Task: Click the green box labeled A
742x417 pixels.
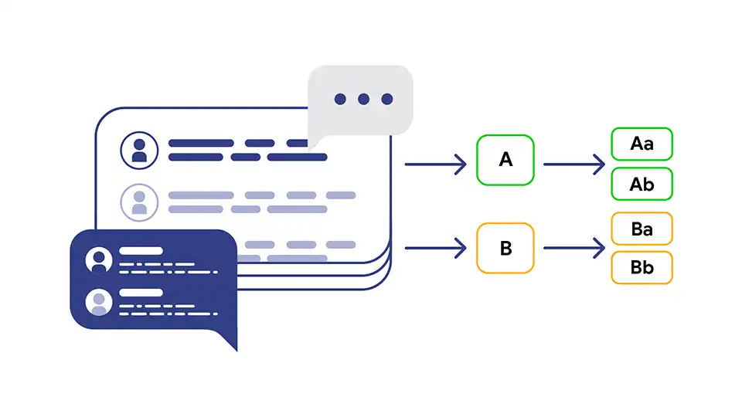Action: point(505,160)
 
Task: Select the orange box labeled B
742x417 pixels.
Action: point(505,248)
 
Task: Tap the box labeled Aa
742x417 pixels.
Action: point(642,144)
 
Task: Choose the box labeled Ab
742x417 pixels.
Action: point(642,184)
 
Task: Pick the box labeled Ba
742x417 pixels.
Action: point(642,229)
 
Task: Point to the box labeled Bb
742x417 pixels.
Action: point(642,268)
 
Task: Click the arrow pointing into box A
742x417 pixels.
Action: point(435,164)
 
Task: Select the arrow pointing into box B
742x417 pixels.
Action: point(435,248)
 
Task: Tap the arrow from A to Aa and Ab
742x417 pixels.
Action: point(574,164)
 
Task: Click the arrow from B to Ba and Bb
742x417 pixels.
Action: point(574,248)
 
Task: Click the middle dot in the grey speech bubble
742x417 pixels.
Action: point(363,99)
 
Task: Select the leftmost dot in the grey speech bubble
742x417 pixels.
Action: point(340,99)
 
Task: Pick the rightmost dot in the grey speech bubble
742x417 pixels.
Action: point(387,99)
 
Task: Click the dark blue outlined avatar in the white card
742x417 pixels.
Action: point(139,151)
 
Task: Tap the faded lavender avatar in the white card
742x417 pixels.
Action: point(139,202)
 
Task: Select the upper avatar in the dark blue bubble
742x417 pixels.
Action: point(99,260)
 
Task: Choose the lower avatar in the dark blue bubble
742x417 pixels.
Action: point(99,302)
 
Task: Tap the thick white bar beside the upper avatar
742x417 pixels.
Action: point(141,250)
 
